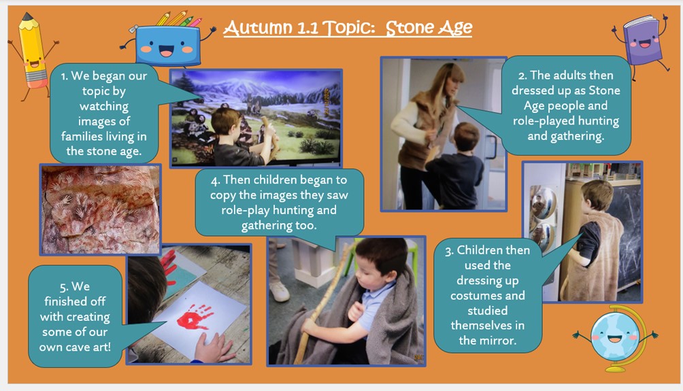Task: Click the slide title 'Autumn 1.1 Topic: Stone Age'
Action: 348,28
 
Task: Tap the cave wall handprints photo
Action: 101,209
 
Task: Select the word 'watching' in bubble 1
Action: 103,106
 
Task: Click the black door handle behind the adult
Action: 491,147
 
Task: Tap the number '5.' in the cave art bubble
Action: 64,287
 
